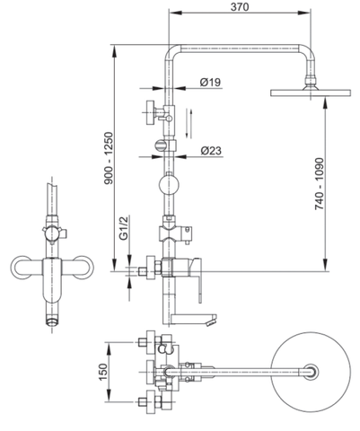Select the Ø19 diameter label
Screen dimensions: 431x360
210,82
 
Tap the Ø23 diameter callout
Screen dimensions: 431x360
210,150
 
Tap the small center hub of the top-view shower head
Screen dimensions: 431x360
311,370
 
